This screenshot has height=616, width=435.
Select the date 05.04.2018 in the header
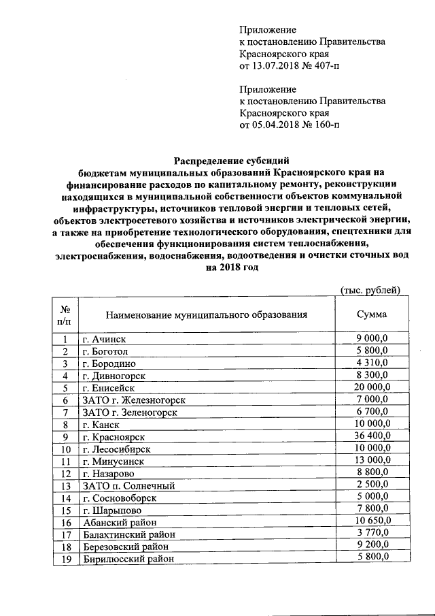[x=275, y=125]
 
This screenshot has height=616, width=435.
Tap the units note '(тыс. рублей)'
[x=370, y=291]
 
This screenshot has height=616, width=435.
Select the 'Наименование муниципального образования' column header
[x=206, y=314]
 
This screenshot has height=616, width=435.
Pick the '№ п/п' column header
[x=65, y=314]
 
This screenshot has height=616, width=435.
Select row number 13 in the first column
[x=65, y=485]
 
